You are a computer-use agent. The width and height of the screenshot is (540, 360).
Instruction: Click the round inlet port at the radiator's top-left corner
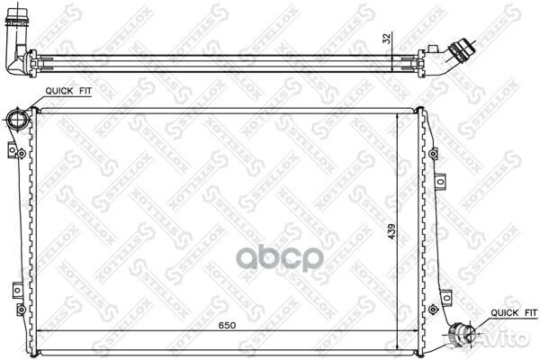[x=14, y=120]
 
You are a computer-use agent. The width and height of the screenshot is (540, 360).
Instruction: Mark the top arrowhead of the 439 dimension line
[x=399, y=116]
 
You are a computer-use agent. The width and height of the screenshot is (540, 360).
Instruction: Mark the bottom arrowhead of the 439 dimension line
[x=399, y=345]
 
